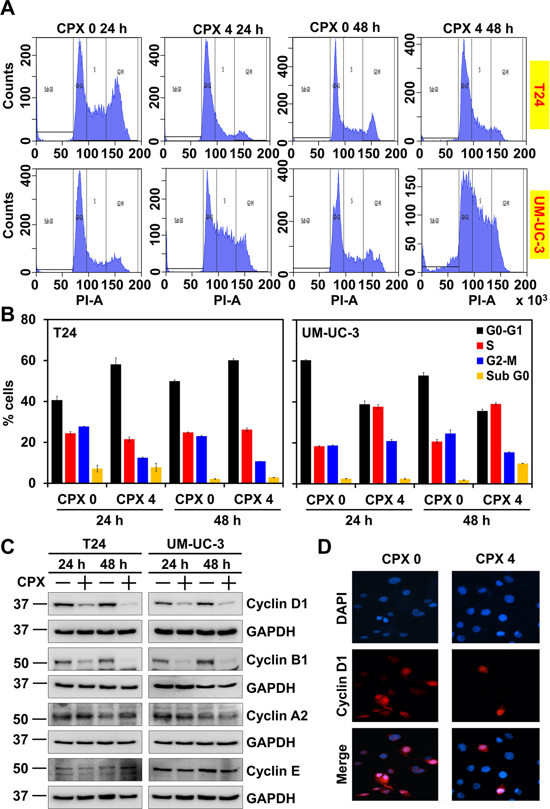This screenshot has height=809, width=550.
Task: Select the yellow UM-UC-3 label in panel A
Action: [x=539, y=224]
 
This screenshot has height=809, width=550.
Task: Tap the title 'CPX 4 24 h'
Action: [x=228, y=30]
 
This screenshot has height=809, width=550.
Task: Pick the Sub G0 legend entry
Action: [x=502, y=376]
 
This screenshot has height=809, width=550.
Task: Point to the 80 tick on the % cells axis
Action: [x=28, y=320]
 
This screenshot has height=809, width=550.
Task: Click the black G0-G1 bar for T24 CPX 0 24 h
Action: [x=57, y=441]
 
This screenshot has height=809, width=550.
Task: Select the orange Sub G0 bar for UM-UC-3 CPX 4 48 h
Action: [x=522, y=473]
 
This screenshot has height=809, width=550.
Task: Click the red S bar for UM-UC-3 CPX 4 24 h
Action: [x=378, y=445]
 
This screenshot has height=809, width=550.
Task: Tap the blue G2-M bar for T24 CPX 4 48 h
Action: [x=260, y=472]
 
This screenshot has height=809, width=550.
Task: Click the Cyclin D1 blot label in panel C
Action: [x=277, y=603]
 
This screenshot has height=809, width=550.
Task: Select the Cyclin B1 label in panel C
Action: [x=277, y=660]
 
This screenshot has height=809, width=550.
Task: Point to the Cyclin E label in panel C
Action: [x=273, y=771]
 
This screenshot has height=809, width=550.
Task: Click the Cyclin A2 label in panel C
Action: [x=277, y=715]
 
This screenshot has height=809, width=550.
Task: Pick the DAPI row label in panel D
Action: [x=342, y=608]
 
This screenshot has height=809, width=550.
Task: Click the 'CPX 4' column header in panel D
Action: [x=495, y=559]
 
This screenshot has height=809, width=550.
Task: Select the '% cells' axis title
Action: [x=9, y=403]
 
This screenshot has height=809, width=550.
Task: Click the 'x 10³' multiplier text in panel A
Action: [x=531, y=300]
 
